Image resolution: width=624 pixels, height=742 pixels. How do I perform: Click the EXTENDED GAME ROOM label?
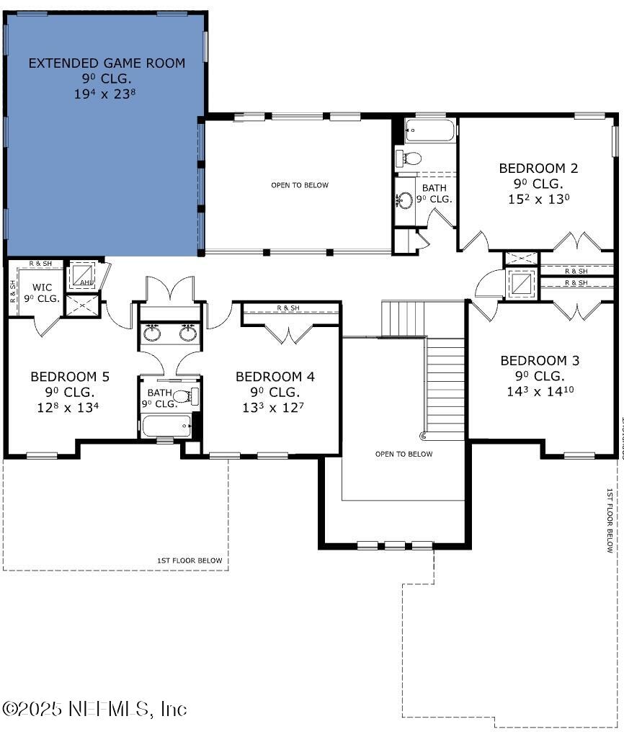pyautogui.click(x=107, y=63)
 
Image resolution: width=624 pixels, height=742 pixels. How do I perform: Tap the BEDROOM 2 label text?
pyautogui.click(x=538, y=168)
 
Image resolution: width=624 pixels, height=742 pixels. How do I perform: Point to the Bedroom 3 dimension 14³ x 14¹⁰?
pyautogui.click(x=539, y=391)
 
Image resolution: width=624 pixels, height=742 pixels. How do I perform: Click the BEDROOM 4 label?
pyautogui.click(x=275, y=377)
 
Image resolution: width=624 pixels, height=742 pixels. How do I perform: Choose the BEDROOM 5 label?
pyautogui.click(x=69, y=377)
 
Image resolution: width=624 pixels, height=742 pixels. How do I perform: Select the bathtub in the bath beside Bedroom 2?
pyautogui.click(x=430, y=132)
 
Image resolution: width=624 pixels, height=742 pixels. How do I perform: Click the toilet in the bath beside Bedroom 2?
pyautogui.click(x=410, y=158)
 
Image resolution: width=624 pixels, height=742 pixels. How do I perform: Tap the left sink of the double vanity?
pyautogui.click(x=153, y=334)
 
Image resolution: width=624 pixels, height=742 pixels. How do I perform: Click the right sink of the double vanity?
pyautogui.click(x=188, y=334)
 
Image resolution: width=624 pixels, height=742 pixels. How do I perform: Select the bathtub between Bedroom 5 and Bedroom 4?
pyautogui.click(x=166, y=425)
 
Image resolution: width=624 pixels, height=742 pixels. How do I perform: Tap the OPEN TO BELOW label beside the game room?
pyautogui.click(x=299, y=185)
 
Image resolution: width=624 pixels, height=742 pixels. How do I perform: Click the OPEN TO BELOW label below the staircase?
pyautogui.click(x=404, y=454)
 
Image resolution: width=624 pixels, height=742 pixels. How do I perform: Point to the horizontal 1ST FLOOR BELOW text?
pyautogui.click(x=190, y=560)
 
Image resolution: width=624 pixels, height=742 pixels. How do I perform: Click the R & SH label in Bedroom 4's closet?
pyautogui.click(x=288, y=308)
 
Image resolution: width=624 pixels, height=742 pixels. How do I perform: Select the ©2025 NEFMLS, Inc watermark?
pyautogui.click(x=94, y=708)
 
